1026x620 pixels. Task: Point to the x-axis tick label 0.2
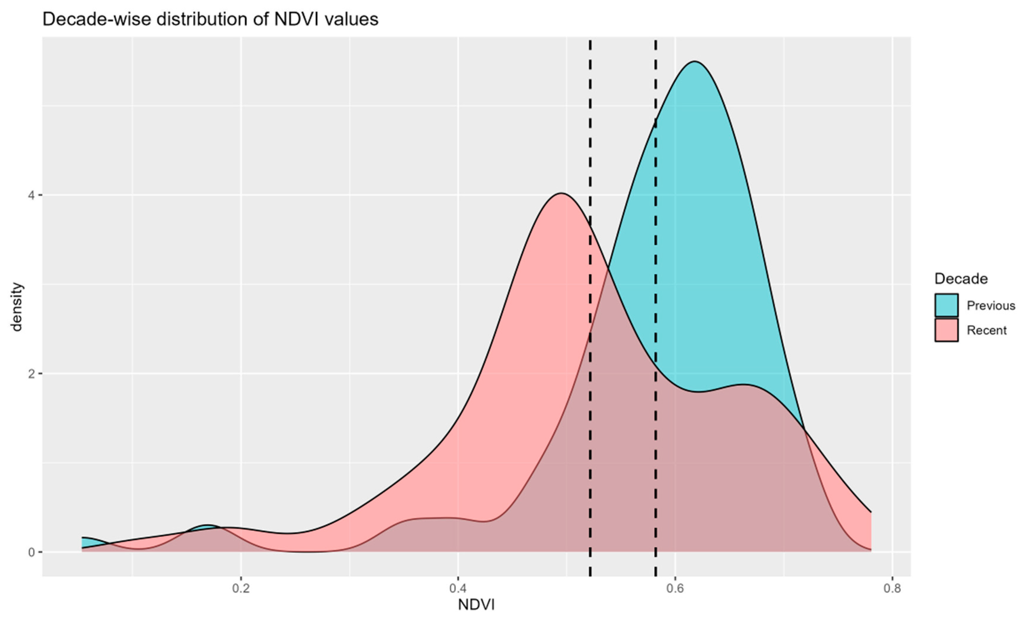[x=241, y=589]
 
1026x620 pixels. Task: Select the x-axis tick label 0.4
[x=458, y=589]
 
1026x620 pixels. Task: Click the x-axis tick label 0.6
[x=675, y=589]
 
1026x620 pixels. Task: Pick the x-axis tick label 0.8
[x=892, y=589]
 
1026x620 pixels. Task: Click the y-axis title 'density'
[x=17, y=307]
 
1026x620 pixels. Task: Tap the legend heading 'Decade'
[x=961, y=279]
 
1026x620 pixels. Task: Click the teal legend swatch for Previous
[x=946, y=305]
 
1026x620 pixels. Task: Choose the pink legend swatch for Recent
[x=946, y=330]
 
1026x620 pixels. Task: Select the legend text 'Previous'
[x=991, y=306]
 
